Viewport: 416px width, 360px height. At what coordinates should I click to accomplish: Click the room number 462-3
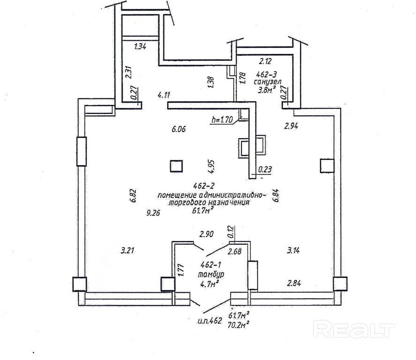point(269,74)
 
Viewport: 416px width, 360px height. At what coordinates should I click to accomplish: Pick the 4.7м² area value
point(207,284)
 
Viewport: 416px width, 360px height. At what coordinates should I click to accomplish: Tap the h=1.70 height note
point(223,120)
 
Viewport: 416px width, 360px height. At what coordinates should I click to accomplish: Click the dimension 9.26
point(154,212)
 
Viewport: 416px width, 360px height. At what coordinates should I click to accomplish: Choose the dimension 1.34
point(140,46)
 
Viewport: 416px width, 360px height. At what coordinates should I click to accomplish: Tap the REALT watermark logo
point(353,330)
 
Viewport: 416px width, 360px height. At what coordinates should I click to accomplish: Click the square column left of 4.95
point(176,166)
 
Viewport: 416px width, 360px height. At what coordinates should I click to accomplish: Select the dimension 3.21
point(128,250)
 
